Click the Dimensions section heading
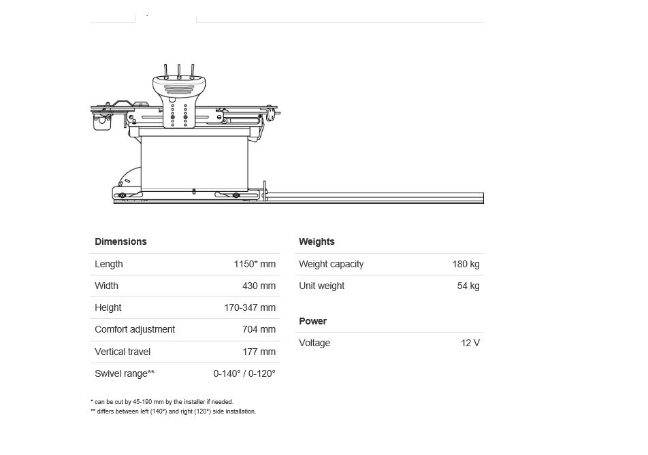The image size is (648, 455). (120, 241)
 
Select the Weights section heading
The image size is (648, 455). (317, 241)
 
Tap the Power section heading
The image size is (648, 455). (312, 321)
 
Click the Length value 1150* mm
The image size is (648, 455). (255, 264)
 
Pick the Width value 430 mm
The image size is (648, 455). (259, 286)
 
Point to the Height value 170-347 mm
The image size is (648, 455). (250, 307)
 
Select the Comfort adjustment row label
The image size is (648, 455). (135, 329)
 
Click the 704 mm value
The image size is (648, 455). (259, 329)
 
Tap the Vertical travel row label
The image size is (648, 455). (123, 352)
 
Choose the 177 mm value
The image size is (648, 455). (259, 352)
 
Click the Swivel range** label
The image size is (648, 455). (125, 373)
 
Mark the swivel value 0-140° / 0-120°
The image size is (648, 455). (244, 373)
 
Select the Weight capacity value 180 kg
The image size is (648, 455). (466, 264)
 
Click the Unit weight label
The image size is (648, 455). (321, 286)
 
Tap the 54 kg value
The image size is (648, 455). (468, 286)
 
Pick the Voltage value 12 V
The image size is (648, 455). (470, 343)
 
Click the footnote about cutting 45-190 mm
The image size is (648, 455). (162, 402)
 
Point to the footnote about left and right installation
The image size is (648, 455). (174, 411)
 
